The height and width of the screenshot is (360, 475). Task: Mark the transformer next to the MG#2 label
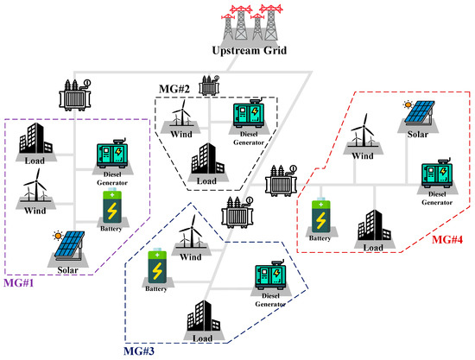[x=209, y=85]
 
